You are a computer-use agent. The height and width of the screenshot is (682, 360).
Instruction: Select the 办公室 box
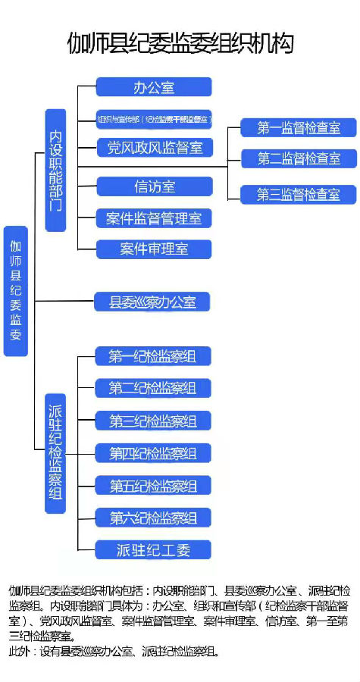[x=154, y=87]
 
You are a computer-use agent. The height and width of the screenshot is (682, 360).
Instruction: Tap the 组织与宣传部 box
[x=154, y=119]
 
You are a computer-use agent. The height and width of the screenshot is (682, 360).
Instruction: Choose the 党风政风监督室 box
[x=154, y=147]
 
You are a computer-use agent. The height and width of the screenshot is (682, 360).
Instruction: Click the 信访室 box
[x=154, y=186]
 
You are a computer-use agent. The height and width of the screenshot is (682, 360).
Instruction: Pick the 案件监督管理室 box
[x=154, y=218]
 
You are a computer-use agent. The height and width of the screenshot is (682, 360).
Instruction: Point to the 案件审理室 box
[x=154, y=249]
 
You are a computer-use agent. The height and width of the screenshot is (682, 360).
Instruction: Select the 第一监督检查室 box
[x=298, y=128]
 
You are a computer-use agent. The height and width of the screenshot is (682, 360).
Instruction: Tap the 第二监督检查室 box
[x=298, y=158]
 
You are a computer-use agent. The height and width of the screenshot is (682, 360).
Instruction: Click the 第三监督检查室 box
[x=298, y=194]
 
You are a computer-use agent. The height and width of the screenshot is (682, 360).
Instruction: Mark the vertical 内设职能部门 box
[x=55, y=170]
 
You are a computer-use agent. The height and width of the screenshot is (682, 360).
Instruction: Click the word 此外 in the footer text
[x=18, y=651]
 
